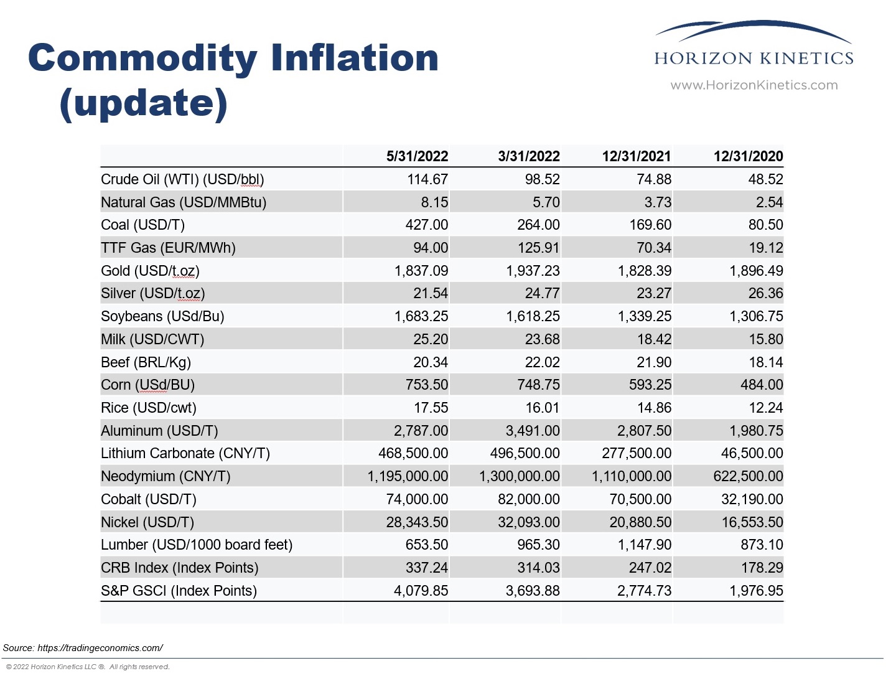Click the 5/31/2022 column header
click(x=417, y=156)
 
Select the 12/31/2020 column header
click(x=748, y=156)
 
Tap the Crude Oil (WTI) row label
click(x=182, y=179)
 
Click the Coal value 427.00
click(x=426, y=225)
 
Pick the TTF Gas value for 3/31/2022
click(x=538, y=248)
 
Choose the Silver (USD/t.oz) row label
click(x=152, y=293)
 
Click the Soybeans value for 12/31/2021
click(x=644, y=316)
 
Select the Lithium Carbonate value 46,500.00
click(x=752, y=453)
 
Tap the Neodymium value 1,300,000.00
click(x=519, y=476)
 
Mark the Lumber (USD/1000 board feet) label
click(x=197, y=545)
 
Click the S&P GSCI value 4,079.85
click(x=421, y=591)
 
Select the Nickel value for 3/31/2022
click(x=528, y=522)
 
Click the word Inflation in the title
click(x=354, y=58)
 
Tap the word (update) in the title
click(x=143, y=103)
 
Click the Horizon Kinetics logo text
click(x=754, y=59)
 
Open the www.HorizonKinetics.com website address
click(x=754, y=85)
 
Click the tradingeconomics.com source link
click(x=100, y=648)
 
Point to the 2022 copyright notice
click(x=87, y=667)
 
